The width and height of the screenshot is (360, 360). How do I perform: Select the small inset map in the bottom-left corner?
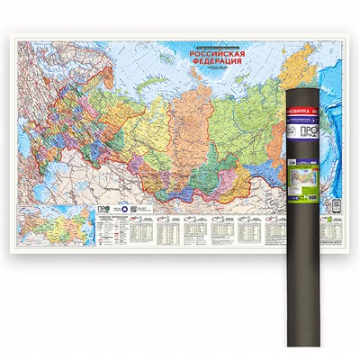(x=49, y=217)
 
